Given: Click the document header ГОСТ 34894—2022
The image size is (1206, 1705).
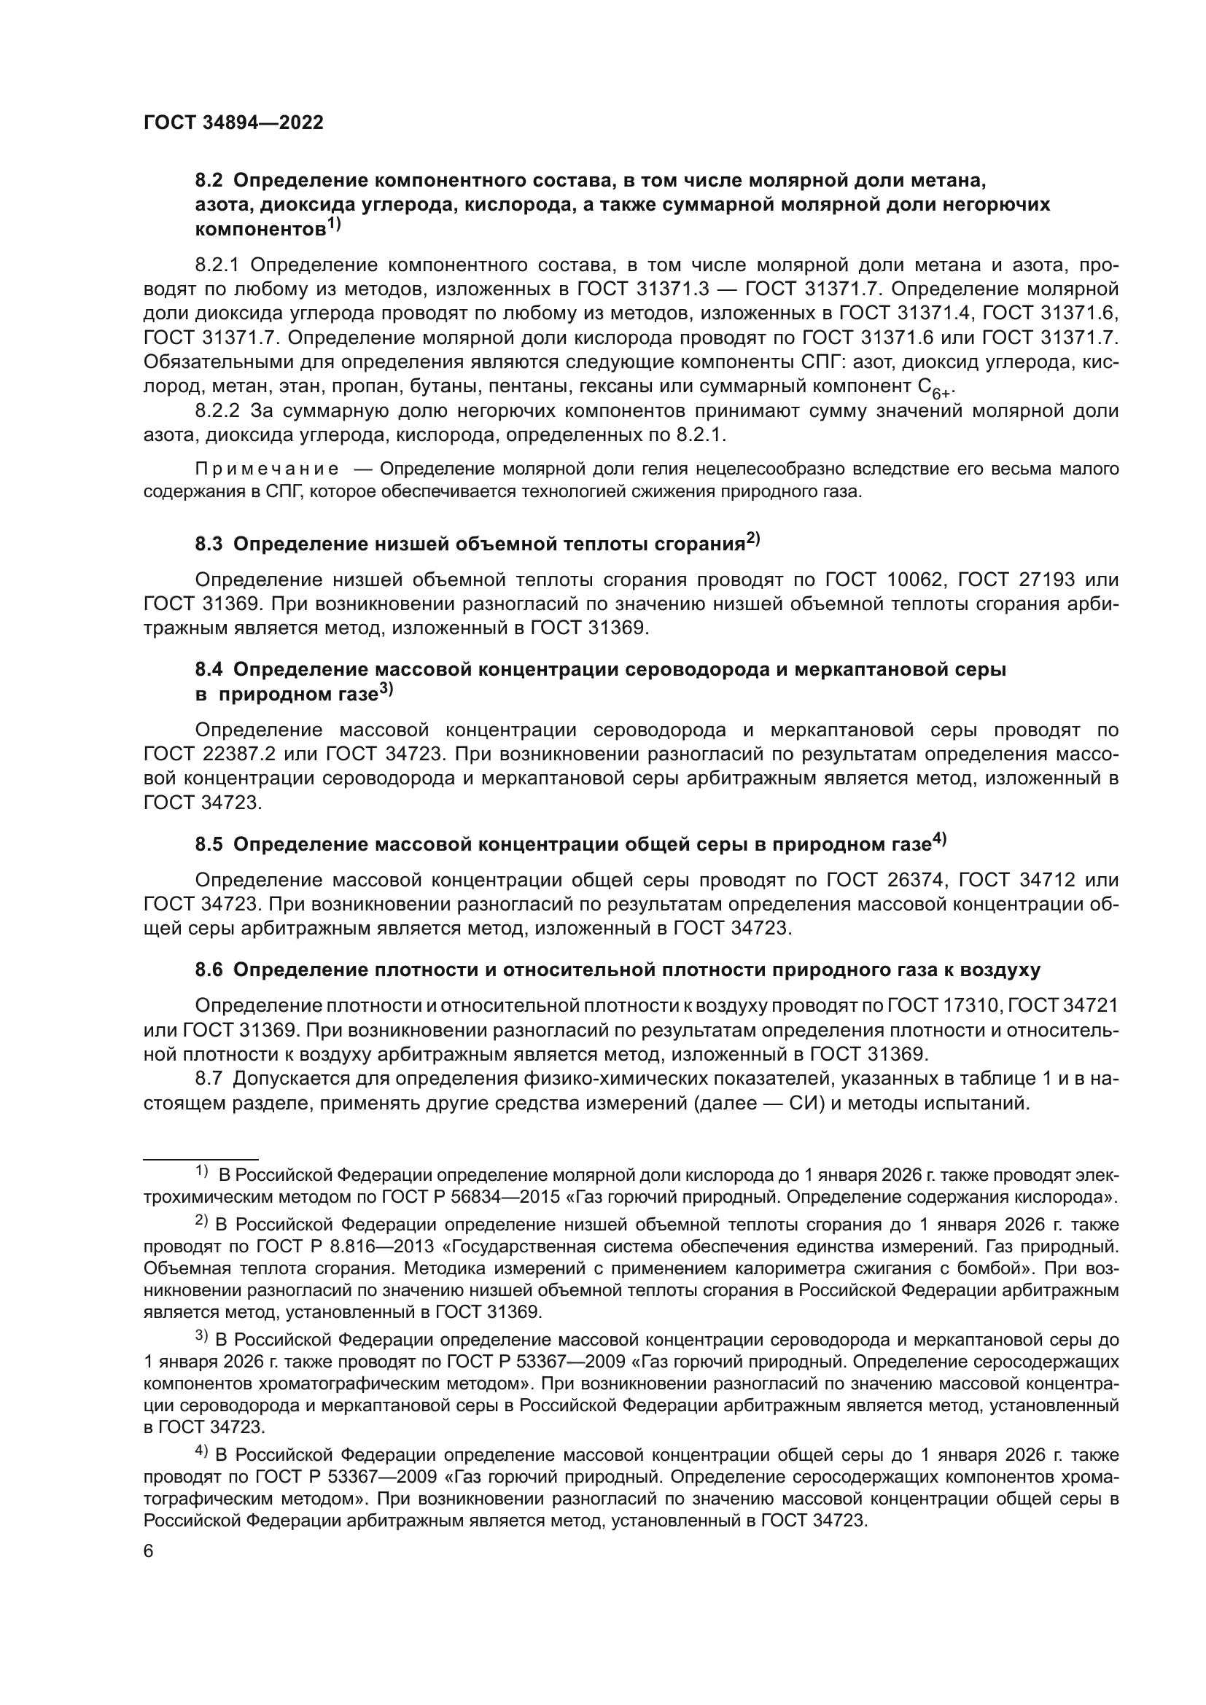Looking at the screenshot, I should [x=233, y=123].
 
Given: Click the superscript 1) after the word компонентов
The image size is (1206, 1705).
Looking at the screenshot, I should [x=333, y=225].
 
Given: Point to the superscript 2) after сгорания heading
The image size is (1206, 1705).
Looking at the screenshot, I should [x=753, y=540].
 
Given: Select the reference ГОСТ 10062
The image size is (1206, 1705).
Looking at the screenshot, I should [x=879, y=580].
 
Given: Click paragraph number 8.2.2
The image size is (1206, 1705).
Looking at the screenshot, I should [x=217, y=411].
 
